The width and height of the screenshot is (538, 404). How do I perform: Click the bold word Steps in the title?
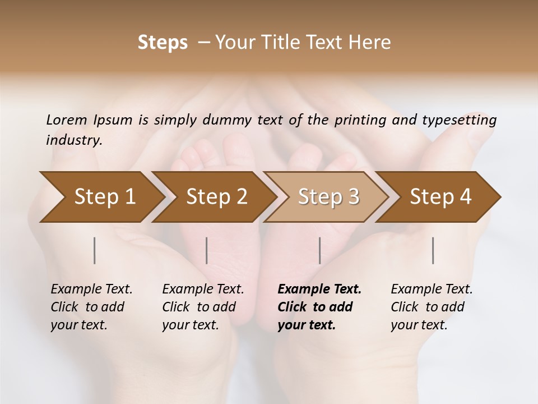[163, 43]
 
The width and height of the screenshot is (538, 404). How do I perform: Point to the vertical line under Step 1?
[95, 250]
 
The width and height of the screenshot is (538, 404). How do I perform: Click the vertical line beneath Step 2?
[207, 250]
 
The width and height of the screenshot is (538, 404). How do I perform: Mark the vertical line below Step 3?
[319, 250]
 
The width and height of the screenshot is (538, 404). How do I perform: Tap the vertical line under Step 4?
[433, 250]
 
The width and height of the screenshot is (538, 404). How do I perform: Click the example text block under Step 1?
[91, 307]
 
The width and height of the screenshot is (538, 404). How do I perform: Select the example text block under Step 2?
[203, 307]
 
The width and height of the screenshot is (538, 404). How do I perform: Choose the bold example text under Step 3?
[319, 307]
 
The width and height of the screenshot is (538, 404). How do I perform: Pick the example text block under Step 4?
[432, 307]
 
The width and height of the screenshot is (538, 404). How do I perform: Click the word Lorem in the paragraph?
[67, 120]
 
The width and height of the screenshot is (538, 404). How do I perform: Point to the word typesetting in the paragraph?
[459, 120]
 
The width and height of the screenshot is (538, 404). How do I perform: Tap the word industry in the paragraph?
[74, 140]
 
